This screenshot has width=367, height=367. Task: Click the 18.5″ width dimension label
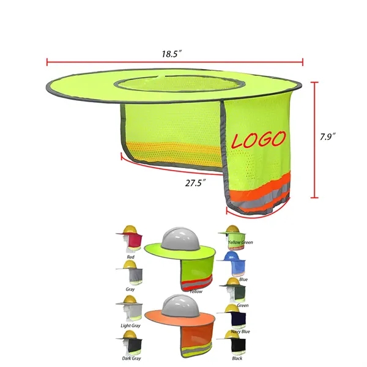pos(172,54)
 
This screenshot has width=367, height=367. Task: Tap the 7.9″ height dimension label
pos(328,136)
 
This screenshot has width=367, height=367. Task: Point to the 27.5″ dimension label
pos(196,183)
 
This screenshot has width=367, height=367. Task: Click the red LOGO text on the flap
pos(259,139)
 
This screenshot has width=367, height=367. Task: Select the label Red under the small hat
pos(131,257)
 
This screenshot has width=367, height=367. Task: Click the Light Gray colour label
pos(131,325)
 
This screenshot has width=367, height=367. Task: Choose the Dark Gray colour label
pos(132,358)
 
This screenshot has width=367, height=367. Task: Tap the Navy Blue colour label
pos(240,332)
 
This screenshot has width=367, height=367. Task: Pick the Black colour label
pos(237,358)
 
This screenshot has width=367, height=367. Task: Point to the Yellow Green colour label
pos(240,242)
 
